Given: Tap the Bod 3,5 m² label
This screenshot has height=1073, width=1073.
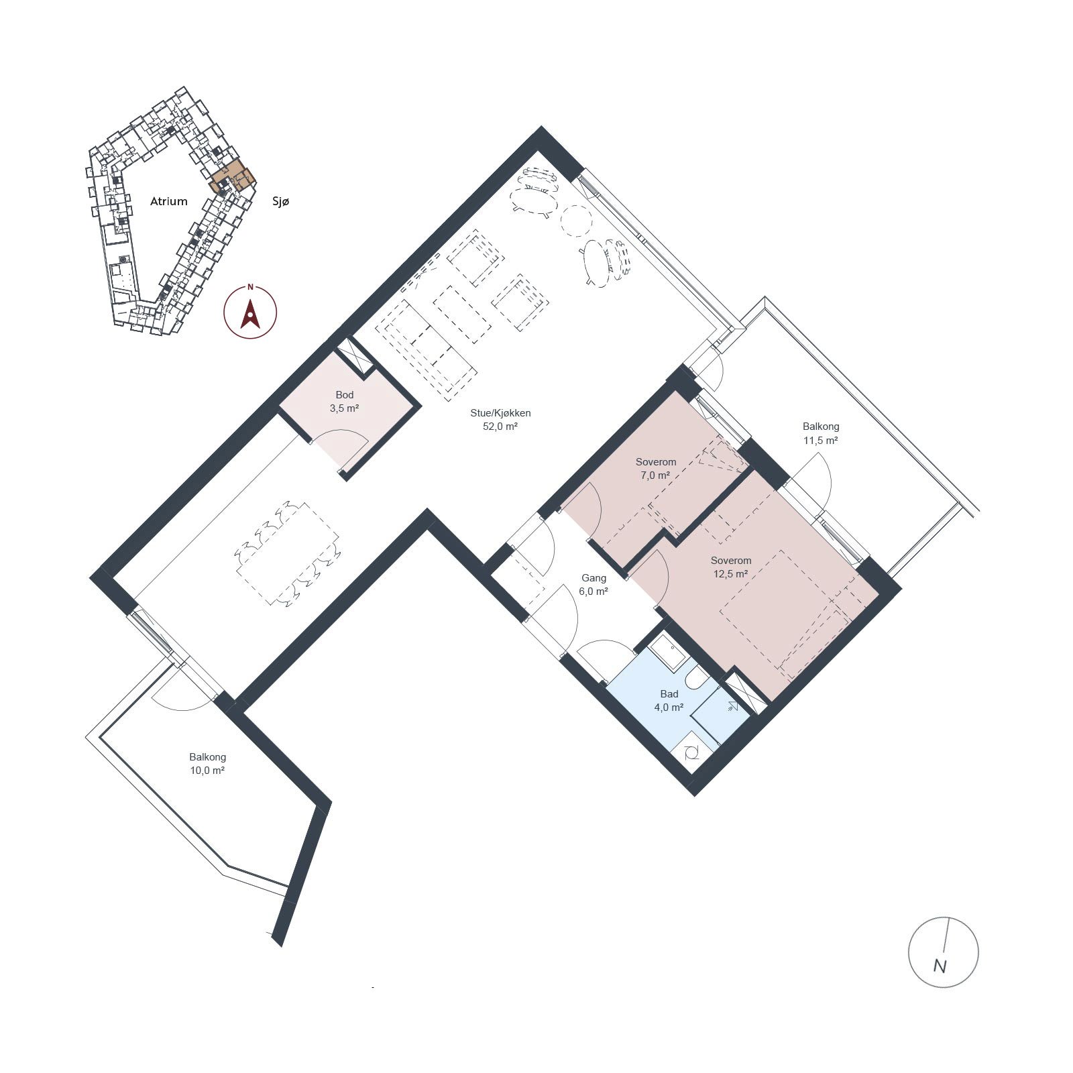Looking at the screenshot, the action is click(344, 401).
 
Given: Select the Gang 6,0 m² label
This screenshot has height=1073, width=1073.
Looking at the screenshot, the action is click(594, 584).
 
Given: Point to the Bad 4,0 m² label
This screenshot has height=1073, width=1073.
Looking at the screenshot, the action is click(669, 700).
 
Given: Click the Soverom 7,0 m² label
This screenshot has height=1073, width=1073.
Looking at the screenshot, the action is click(655, 468).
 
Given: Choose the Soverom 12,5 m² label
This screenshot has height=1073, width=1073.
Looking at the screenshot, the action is click(731, 567).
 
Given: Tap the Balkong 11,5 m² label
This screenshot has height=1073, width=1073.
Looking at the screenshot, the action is click(821, 433).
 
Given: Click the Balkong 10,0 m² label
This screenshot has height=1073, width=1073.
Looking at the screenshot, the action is click(207, 764).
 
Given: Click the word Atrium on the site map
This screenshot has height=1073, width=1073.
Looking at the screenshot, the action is click(168, 201).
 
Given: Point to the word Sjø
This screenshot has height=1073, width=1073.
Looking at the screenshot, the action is click(281, 201).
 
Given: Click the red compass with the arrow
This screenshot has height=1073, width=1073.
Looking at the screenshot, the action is click(250, 312).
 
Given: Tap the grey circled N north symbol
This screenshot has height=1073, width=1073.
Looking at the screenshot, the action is click(943, 952).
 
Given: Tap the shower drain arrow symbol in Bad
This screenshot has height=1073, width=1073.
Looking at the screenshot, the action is click(731, 705).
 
